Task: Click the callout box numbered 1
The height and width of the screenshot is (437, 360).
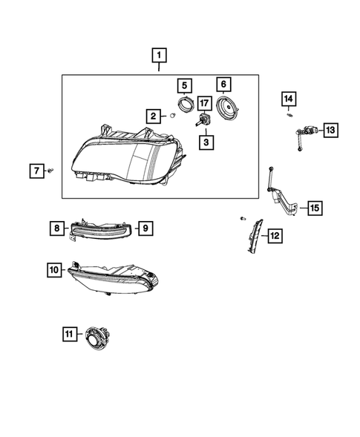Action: pos(160,54)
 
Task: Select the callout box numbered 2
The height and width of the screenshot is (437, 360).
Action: pos(153,116)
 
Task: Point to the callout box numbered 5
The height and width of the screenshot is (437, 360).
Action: pos(184,86)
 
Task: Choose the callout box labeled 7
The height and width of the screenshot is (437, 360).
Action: pos(35,171)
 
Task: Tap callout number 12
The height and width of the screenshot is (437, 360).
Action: pos(274,236)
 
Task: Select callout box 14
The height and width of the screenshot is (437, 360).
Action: pos(288,98)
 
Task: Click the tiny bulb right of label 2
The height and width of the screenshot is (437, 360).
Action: pos(171,115)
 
